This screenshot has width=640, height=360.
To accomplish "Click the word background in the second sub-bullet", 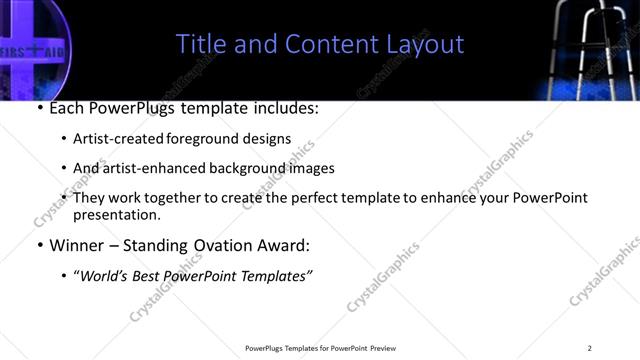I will [x=239, y=168].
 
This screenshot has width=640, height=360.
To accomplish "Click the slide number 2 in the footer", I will [x=589, y=348].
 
